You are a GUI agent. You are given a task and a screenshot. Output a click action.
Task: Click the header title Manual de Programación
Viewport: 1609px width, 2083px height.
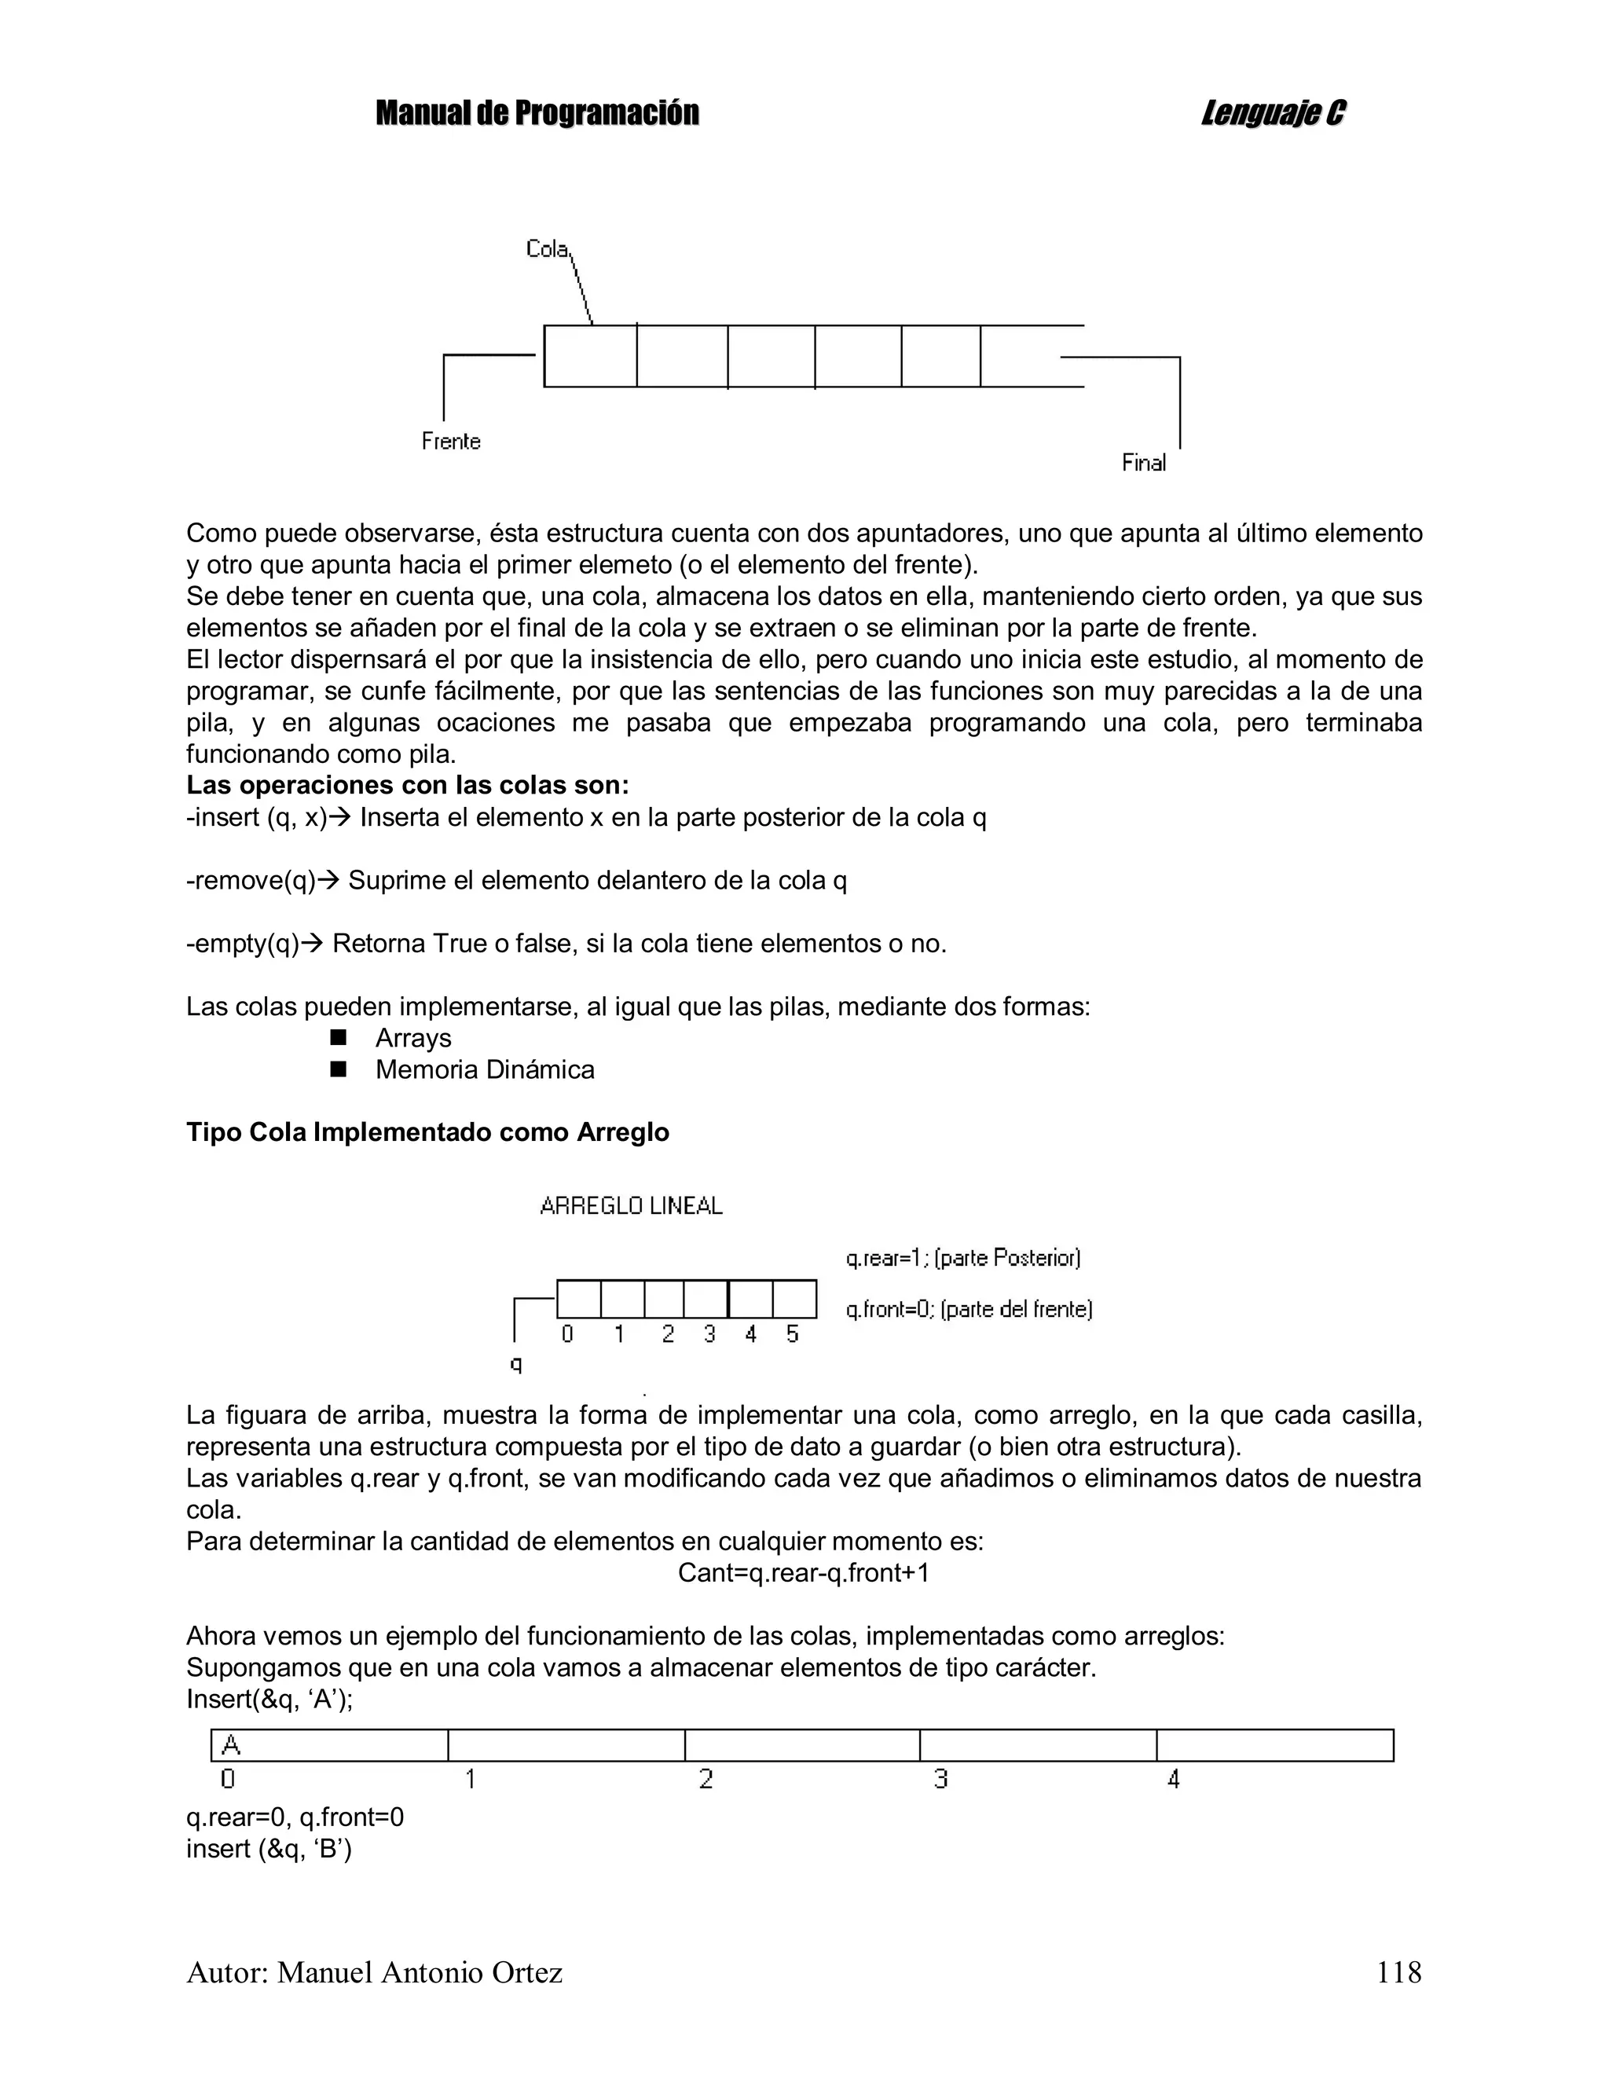(537, 113)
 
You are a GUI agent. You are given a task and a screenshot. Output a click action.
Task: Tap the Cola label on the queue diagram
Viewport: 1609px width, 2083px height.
(547, 249)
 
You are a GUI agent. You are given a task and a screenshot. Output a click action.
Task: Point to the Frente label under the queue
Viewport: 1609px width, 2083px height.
(451, 442)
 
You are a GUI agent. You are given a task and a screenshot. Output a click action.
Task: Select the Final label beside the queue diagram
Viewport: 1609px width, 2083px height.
(1144, 464)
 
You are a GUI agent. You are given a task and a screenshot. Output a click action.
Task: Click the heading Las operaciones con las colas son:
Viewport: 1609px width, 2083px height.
(407, 786)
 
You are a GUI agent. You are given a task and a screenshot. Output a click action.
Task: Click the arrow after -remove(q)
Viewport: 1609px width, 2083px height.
(328, 880)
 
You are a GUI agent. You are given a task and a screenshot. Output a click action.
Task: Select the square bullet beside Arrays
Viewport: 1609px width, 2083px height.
(338, 1038)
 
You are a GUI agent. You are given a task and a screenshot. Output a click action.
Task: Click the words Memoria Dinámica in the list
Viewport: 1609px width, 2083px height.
(485, 1070)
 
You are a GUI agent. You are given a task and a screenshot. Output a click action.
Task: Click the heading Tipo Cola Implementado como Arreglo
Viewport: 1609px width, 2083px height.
(427, 1133)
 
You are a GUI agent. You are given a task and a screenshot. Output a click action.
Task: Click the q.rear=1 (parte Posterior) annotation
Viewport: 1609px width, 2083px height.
(962, 1258)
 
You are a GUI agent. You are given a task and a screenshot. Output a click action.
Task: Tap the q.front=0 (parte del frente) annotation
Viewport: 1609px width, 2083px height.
(968, 1310)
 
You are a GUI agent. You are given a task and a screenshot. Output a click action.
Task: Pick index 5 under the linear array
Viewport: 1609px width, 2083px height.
(793, 1334)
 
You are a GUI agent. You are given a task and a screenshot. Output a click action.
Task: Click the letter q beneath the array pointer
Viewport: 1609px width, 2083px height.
(516, 1364)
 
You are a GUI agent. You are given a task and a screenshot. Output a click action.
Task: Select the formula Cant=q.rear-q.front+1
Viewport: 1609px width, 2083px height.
(803, 1574)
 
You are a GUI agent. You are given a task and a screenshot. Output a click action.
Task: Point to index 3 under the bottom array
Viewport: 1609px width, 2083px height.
(940, 1779)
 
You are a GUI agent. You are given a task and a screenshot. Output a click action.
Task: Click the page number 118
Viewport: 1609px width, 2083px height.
(1398, 1972)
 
